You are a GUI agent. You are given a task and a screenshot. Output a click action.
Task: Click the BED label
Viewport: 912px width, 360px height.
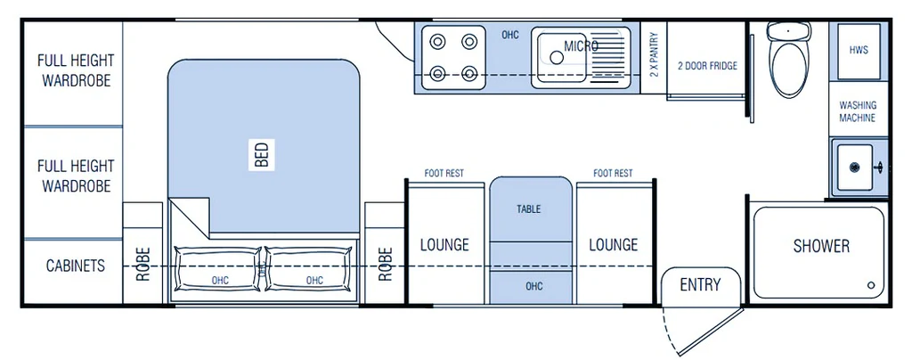pos(262,155)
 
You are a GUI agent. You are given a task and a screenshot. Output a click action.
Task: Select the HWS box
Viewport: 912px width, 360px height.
pos(859,51)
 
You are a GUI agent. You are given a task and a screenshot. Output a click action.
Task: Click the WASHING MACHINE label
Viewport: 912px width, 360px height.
pos(858,111)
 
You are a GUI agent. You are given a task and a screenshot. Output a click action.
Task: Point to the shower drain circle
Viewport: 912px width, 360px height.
pos(871,285)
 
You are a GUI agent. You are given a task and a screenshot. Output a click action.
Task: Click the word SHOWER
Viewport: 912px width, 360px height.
pos(821,246)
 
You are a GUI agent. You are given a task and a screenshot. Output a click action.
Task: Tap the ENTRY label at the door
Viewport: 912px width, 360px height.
pos(700,284)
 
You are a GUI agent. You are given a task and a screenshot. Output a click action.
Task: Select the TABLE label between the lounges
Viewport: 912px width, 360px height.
pos(529,209)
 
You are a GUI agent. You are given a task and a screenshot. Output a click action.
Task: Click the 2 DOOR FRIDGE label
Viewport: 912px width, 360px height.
pos(707,66)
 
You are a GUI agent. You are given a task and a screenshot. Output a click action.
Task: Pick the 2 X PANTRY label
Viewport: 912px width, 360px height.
pos(653,54)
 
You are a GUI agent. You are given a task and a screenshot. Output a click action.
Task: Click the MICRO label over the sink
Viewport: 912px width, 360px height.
pos(581,46)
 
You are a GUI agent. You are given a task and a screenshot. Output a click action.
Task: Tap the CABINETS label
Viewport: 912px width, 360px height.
pos(76,266)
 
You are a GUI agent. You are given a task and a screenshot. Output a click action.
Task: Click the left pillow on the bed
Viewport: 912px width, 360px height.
pos(217,269)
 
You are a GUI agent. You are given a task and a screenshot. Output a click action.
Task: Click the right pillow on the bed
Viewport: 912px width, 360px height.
pos(308,269)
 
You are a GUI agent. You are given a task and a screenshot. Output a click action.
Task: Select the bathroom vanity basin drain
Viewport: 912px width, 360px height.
pos(854,168)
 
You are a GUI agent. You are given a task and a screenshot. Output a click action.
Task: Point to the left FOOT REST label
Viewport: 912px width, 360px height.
pos(444,173)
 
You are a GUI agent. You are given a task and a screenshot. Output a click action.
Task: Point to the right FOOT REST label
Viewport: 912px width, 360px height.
pos(613,173)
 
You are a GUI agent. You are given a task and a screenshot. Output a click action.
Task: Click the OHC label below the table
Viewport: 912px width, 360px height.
pos(534,286)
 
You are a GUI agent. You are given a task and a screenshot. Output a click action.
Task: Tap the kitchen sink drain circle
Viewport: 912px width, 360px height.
pos(557,57)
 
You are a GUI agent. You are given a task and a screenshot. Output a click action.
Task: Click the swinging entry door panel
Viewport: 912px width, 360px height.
pos(711,332)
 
